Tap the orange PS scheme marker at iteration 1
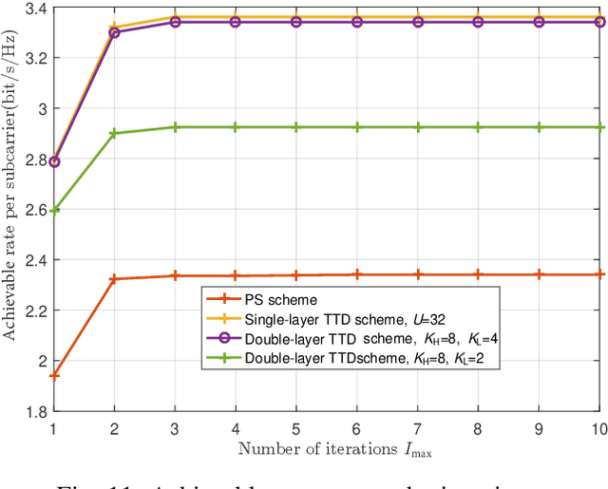pos(55,375)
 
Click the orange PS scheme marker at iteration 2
pos(115,279)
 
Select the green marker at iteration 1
pos(55,211)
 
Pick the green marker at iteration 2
pos(115,134)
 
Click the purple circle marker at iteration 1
pos(55,162)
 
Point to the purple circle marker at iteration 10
pos(598,21)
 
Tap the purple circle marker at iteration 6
pos(357,21)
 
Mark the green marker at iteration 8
pos(478,127)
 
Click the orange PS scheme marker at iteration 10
pos(598,274)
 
